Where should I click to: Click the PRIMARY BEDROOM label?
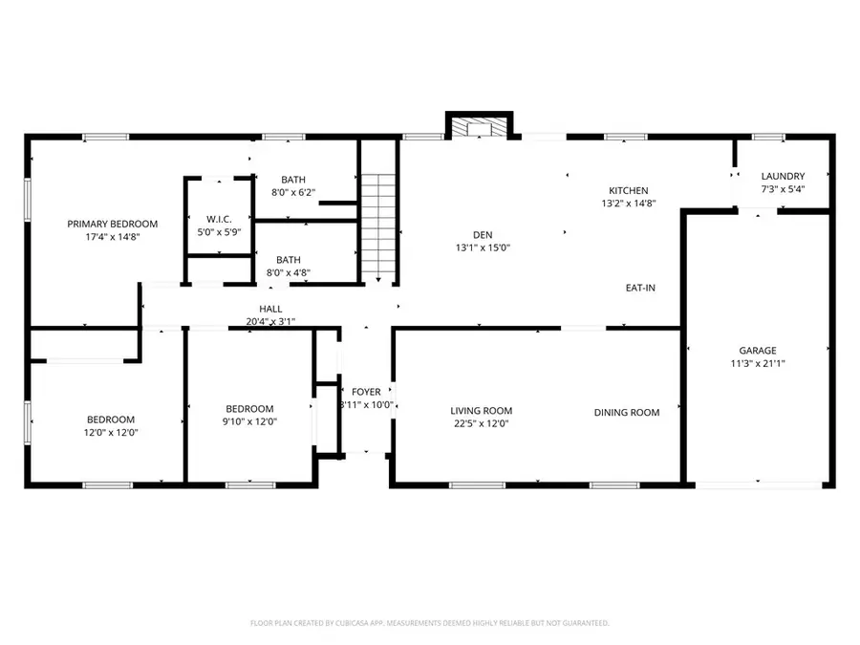[112, 224]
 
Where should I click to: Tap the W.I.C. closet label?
[219, 219]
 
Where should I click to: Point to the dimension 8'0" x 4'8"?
[288, 272]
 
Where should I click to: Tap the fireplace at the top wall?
[480, 127]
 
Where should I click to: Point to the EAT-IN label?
[640, 288]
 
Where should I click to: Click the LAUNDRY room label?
[783, 176]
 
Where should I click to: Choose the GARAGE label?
[757, 350]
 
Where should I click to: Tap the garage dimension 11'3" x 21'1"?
[757, 363]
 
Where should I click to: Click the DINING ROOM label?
[627, 412]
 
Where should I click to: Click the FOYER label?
[366, 392]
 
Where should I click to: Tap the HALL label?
[270, 309]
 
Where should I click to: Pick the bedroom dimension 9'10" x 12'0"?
[249, 422]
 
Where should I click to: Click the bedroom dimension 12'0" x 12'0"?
[111, 432]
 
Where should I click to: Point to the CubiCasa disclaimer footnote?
[430, 623]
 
